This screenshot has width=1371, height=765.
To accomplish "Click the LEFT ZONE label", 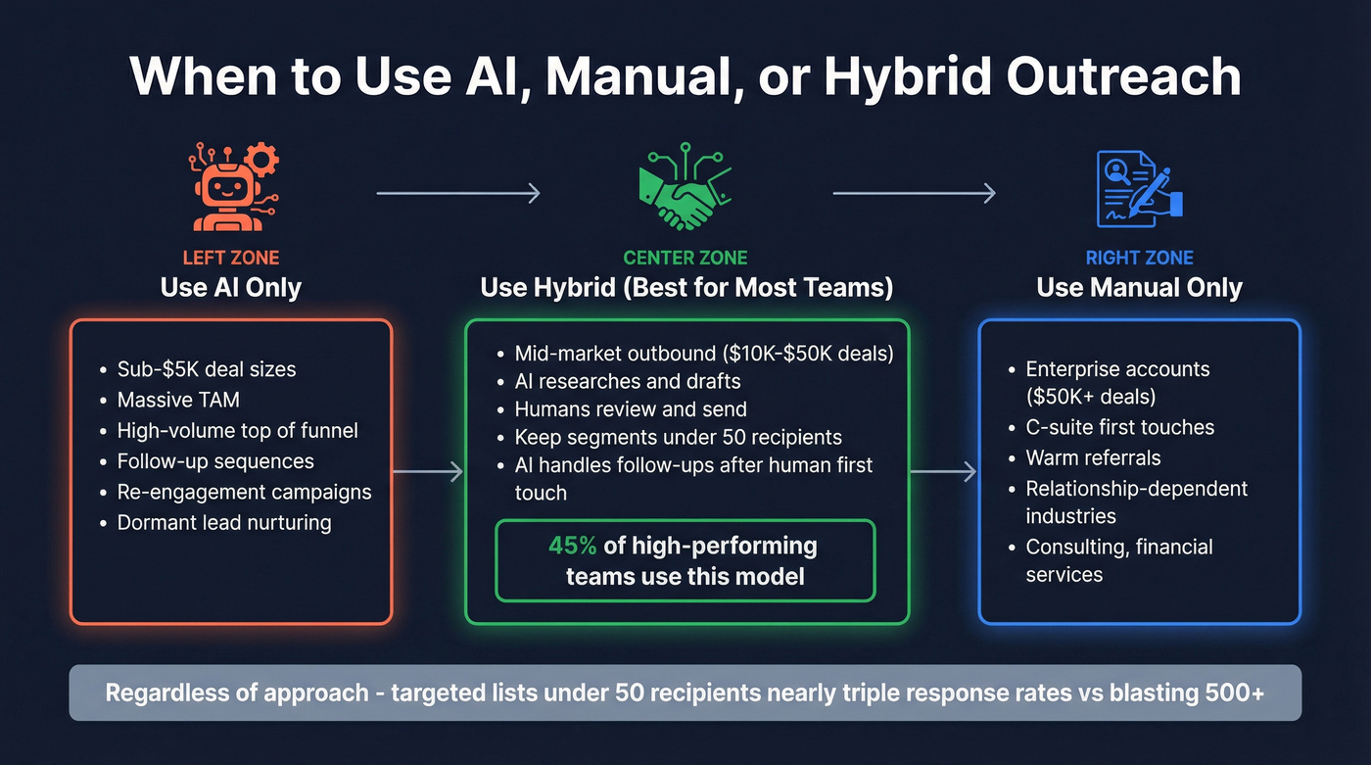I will tap(231, 259).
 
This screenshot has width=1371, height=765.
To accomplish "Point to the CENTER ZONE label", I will tap(685, 259).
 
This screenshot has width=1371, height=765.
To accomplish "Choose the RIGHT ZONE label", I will tap(1139, 259).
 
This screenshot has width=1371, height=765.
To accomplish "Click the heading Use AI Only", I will tap(231, 288).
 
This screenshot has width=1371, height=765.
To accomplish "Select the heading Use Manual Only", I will tap(1139, 288).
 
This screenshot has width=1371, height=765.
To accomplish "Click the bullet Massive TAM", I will tap(177, 400).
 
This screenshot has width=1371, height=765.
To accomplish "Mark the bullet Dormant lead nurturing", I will tap(224, 522).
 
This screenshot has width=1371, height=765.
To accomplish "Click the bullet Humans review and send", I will tap(630, 409).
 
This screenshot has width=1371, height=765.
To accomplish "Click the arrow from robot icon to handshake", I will tap(458, 193).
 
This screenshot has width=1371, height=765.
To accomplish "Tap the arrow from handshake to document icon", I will tap(914, 193).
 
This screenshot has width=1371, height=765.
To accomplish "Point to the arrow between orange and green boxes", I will tap(427, 472).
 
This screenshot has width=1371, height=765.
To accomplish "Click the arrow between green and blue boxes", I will tap(943, 472).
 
